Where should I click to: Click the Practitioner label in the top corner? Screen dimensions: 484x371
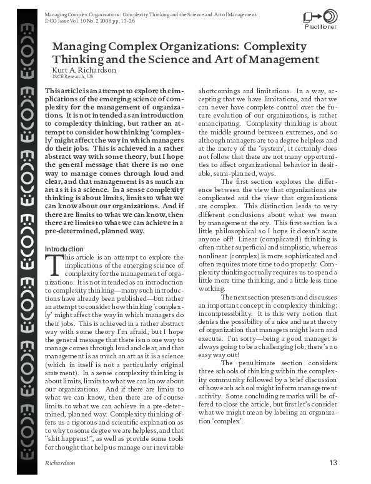click(320, 27)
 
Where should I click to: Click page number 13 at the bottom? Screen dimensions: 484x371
click(332, 463)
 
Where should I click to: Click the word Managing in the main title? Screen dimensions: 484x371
click(79, 47)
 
